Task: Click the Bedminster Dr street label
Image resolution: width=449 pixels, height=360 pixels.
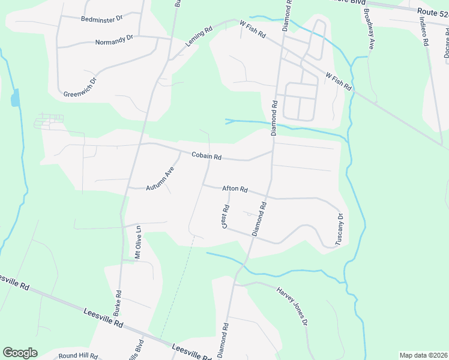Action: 101,19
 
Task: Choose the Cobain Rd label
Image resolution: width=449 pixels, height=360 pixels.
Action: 206,156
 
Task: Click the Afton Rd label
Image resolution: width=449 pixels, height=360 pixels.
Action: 235,189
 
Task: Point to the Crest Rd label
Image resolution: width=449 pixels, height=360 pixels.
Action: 226,217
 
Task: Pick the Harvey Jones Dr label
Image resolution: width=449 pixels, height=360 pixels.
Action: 292,305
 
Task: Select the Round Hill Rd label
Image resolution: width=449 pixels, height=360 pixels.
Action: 78,356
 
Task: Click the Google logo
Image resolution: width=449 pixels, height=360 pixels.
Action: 20,353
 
